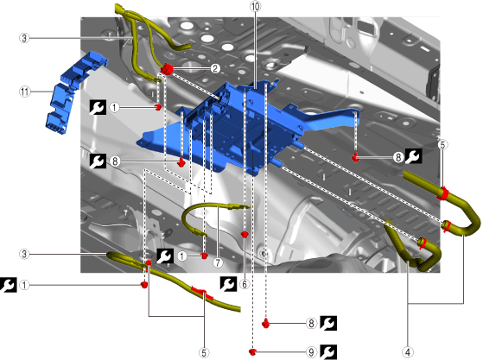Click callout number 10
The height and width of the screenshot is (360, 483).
pos(256,6)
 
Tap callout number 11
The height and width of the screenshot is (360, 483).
pos(25,92)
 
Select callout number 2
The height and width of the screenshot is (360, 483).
pos(215,68)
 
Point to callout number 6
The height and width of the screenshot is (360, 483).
pos(245,284)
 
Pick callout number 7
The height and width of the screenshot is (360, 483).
pos(218,262)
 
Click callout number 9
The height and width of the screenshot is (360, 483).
pos(311,352)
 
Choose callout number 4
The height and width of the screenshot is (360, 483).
pos(408,352)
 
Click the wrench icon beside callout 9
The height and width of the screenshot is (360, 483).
pos(328,352)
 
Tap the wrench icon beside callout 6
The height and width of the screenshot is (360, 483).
pos(228,284)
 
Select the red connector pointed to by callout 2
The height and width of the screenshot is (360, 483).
pos(167,68)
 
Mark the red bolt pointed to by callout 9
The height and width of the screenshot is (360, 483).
pos(252,351)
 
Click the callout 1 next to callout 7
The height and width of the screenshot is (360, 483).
pos(182,256)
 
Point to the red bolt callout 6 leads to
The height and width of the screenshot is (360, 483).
pos(245,235)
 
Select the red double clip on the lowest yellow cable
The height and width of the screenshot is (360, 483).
pos(202,294)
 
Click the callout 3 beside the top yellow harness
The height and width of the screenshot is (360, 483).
pos(24,38)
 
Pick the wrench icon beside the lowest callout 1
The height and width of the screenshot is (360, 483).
pos(9,285)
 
